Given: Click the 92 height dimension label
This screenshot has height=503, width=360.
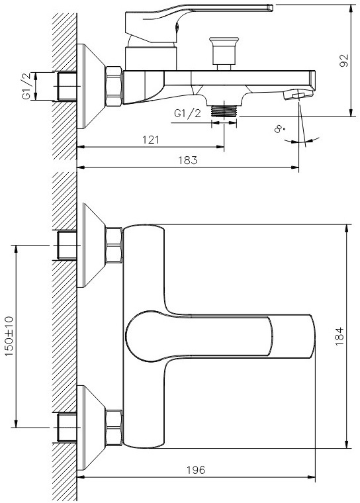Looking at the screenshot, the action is tap(343, 60).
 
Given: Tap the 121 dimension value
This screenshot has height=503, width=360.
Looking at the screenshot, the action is tap(150, 140).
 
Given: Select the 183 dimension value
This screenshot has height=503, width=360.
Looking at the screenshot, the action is tap(188, 160).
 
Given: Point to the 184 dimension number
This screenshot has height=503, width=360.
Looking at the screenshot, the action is tap(339, 336).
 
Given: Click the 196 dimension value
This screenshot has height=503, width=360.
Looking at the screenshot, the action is tap(196, 470).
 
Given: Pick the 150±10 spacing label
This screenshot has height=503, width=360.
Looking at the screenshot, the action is tap(9, 336).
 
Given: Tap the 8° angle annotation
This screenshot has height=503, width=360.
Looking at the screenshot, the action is tap(280, 129).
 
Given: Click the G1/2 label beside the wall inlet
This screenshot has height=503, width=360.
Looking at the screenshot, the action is tap(26, 86).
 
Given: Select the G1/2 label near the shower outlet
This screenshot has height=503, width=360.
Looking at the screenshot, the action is tap(187, 114).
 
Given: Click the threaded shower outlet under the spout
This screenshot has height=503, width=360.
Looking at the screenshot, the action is tap(224, 111).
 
